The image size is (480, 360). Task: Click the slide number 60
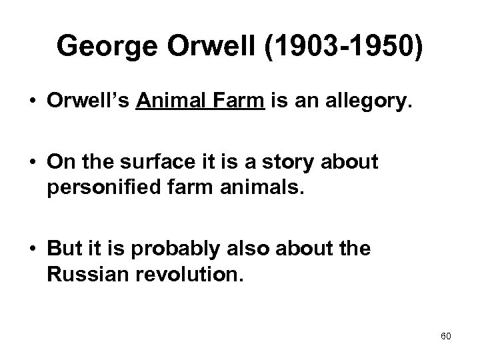tap(446, 336)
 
